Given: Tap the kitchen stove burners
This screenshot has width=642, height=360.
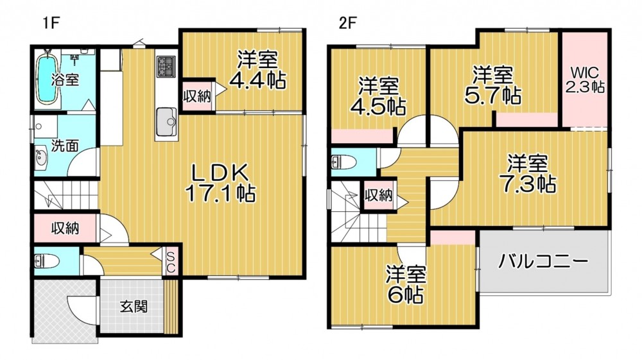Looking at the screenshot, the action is (x=166, y=67).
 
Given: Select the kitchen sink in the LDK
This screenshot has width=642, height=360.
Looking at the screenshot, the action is (x=166, y=121).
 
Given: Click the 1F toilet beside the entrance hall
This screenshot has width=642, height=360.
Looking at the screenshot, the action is (x=46, y=261).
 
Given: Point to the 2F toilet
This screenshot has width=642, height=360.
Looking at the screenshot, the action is (x=343, y=162).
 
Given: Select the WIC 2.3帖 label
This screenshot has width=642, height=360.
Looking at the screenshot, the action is (x=586, y=80).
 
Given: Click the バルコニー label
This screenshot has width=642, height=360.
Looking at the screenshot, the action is (x=543, y=261).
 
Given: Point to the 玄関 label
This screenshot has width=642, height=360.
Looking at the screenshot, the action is (x=134, y=306).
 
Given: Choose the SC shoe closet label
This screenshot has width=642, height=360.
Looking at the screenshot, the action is (x=171, y=262).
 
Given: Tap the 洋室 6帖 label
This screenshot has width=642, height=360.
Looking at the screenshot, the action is (x=406, y=285).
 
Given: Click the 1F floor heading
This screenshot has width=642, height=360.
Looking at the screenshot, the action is (x=51, y=23).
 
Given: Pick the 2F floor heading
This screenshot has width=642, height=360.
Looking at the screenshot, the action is (x=347, y=23).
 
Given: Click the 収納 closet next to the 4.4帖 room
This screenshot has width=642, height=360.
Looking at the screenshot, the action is (x=197, y=96).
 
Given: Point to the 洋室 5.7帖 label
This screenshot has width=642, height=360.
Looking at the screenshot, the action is (x=492, y=85).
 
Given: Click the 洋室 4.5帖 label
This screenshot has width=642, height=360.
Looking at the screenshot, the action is (x=378, y=96).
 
